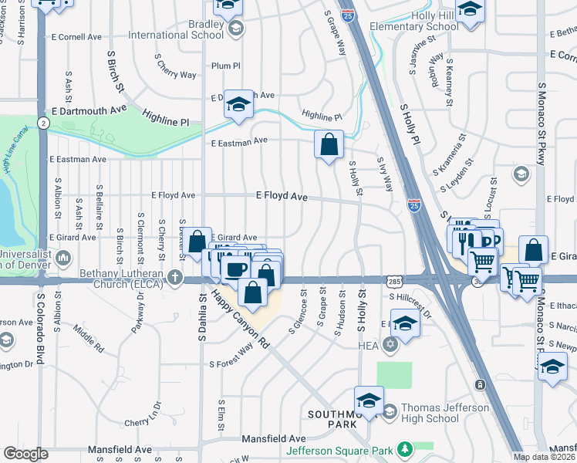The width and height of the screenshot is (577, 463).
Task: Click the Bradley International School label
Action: [185, 30]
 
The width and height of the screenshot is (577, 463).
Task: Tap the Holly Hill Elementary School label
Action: [413, 20]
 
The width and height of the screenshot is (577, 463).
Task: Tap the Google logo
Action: [25, 454]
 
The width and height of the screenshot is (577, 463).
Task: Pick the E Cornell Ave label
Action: [76, 37]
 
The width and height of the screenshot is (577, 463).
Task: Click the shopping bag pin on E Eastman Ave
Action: [329, 144]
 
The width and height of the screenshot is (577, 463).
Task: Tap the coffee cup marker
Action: [235, 269]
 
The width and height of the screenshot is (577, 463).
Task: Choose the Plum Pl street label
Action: [226, 66]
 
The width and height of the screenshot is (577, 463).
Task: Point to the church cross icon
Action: [176, 276]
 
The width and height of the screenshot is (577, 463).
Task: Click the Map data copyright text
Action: [545, 457]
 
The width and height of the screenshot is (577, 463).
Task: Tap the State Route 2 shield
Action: [45, 123]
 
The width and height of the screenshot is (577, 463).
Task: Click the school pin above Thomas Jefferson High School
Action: [369, 400]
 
